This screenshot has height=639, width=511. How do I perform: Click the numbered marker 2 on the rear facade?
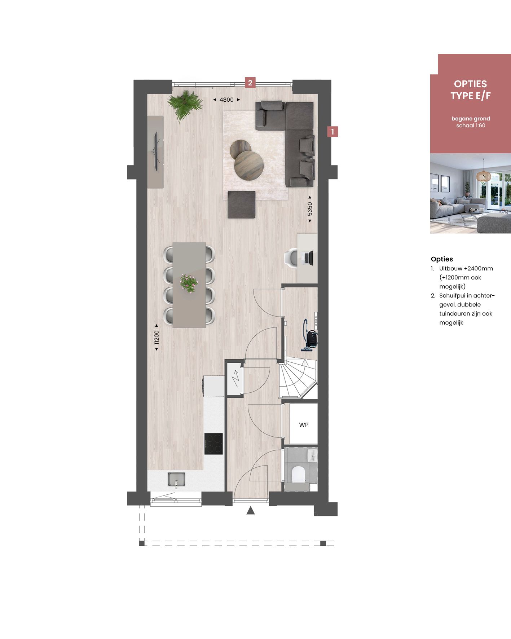click(250, 83)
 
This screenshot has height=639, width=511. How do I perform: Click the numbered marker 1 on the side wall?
click(332, 132)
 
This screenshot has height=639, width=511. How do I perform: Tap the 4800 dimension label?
click(226, 100)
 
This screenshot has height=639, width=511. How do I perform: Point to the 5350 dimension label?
click(309, 209)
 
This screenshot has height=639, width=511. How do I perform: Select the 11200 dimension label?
click(157, 338)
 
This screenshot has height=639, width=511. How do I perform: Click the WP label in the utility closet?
click(304, 425)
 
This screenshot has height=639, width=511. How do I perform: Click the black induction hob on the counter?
click(213, 444)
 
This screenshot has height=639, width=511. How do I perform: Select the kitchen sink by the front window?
click(176, 479)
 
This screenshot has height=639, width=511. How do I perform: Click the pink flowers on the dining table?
click(189, 283)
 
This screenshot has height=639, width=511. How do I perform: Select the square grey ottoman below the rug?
click(241, 204)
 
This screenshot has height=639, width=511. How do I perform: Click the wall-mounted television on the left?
click(157, 151)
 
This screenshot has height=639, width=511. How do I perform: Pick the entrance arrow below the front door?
click(251, 510)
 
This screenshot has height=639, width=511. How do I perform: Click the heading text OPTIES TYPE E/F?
click(470, 90)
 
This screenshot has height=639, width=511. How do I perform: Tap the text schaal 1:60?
click(471, 126)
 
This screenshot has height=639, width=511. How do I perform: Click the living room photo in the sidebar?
click(470, 193)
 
